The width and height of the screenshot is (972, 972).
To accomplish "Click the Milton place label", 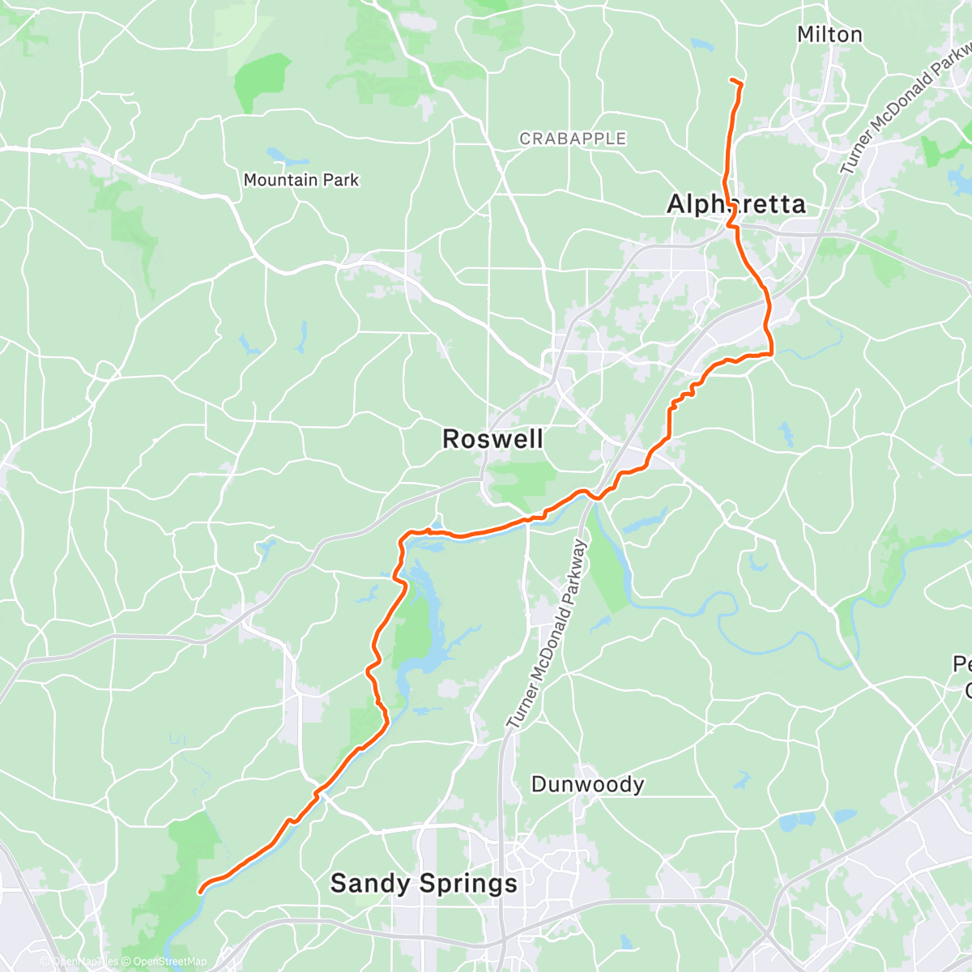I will click(x=829, y=35).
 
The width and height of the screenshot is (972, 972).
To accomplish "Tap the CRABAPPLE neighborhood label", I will click(x=573, y=139).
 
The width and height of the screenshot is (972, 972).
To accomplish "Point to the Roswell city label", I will click(x=492, y=440).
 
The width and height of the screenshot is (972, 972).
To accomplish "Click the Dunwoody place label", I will click(x=587, y=784).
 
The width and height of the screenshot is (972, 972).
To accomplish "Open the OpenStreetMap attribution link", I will click(x=170, y=961).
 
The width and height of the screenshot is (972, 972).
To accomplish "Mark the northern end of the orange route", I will click(x=732, y=80).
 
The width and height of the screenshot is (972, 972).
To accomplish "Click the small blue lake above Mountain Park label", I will click(x=277, y=154).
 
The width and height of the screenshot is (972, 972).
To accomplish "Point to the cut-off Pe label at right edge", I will click(x=962, y=665).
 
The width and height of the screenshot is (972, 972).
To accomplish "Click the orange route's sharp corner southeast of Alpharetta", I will click(x=772, y=353).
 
